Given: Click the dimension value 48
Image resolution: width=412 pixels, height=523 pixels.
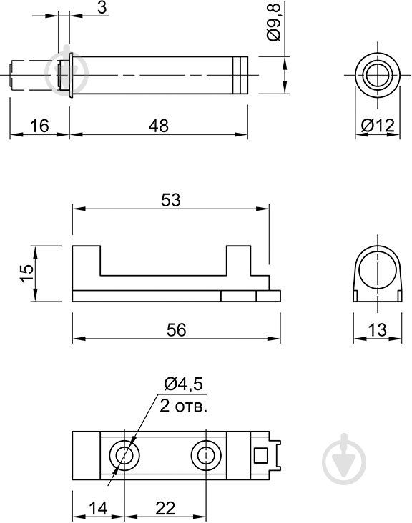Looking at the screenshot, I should pyautogui.click(x=159, y=126).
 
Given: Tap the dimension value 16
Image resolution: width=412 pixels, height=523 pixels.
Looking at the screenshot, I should pyautogui.click(x=39, y=126).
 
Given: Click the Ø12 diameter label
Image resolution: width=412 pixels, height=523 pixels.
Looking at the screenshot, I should pyautogui.click(x=377, y=126).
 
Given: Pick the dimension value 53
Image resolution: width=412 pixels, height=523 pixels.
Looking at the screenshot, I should pyautogui.click(x=170, y=201).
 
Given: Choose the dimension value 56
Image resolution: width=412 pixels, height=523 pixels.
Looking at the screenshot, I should pyautogui.click(x=176, y=329).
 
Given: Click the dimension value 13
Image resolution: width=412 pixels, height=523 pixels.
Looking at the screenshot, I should pyautogui.click(x=377, y=329).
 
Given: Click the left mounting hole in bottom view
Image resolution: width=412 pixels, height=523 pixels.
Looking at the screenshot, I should pyautogui.click(x=124, y=454).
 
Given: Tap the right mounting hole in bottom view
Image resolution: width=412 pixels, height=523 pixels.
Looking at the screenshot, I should pyautogui.click(x=205, y=454).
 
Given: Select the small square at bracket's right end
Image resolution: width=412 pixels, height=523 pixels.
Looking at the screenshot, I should pyautogui.click(x=261, y=455).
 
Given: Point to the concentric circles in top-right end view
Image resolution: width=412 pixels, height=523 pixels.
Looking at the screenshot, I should pyautogui.click(x=376, y=74).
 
